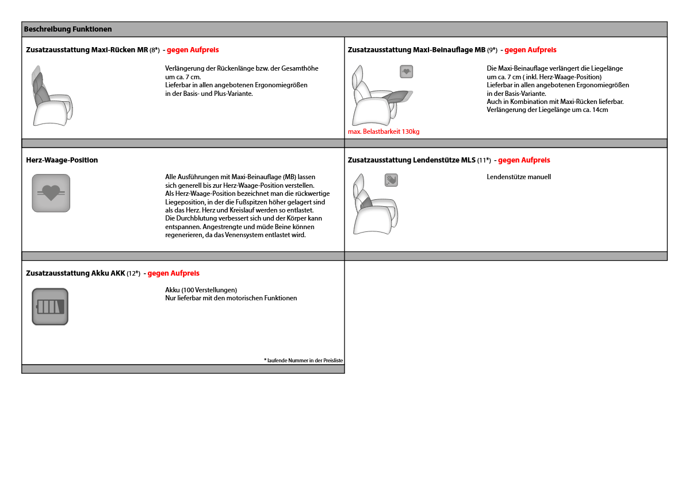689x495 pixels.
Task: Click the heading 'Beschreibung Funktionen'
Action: coord(68,29)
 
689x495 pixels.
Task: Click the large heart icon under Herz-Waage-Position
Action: coord(51,193)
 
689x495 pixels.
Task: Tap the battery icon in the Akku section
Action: coord(50,307)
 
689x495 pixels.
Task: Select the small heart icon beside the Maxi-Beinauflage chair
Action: coord(406,72)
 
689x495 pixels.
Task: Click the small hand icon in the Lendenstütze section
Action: coord(391,180)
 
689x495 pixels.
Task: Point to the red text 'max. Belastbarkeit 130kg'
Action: coord(384,132)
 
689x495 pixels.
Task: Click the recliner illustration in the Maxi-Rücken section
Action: coord(51,96)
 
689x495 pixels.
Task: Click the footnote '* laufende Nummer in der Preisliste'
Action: coord(303,360)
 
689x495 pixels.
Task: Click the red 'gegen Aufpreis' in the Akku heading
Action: coord(173,273)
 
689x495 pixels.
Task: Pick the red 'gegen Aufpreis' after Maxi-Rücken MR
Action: coord(193,50)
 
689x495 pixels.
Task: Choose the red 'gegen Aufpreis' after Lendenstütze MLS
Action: coord(524,160)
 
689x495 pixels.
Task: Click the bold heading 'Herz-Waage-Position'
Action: coord(62,160)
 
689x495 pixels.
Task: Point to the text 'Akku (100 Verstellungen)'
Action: coord(201,290)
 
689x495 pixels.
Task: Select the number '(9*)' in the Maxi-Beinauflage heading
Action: coord(492,50)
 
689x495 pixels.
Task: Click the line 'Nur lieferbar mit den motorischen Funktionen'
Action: coord(231,298)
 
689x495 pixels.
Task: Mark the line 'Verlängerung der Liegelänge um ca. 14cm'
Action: coord(547,110)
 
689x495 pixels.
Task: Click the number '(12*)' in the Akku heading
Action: coord(133,273)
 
